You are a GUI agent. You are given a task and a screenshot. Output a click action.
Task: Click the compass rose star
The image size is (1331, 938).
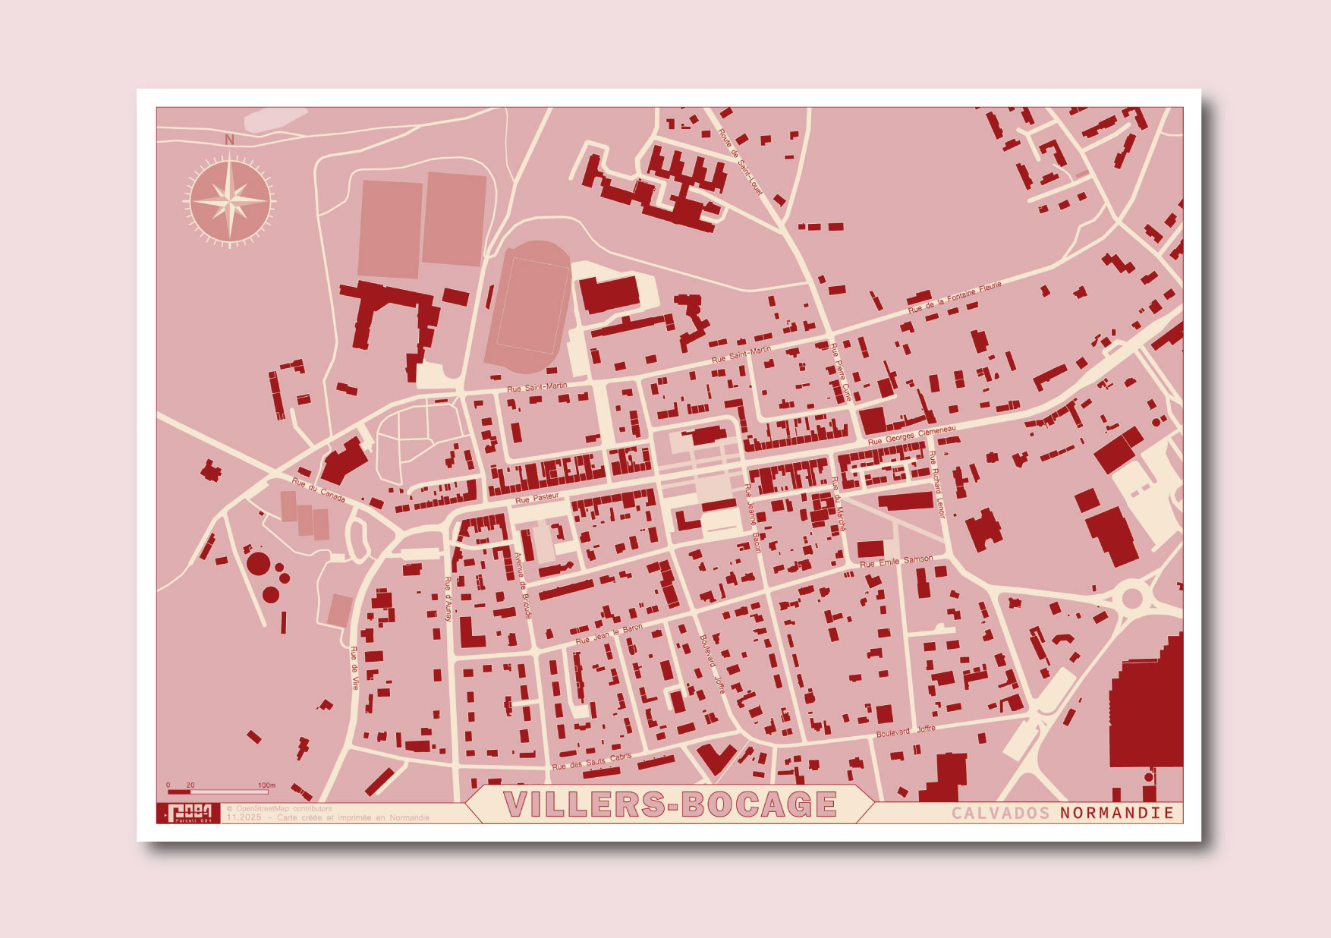coord(230,202)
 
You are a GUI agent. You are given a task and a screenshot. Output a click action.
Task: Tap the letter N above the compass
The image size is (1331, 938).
coord(230,140)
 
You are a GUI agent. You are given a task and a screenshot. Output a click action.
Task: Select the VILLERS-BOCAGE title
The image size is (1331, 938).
coord(670,804)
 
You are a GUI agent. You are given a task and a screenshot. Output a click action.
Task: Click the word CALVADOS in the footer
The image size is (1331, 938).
coord(1001,813)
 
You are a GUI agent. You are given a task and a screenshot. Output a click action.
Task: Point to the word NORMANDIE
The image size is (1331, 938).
coord(1117,813)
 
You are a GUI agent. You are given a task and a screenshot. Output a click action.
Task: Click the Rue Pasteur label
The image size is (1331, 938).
coord(537,499)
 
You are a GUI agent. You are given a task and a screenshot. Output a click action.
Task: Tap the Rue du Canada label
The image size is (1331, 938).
coord(319,489)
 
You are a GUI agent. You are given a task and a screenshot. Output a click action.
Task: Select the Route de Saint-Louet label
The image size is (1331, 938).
coord(740,162)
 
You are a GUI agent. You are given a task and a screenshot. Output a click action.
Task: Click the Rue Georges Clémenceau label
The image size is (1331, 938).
coord(911,436)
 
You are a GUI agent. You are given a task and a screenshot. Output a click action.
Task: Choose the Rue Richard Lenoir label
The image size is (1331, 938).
coord(937,484)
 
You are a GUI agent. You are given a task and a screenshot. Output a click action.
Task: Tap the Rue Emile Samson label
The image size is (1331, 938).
coord(896,562)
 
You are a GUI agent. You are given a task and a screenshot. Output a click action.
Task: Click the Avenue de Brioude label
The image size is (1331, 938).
coord(524,585)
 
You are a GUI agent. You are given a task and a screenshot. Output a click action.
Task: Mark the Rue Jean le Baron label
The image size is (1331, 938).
coord(609,634)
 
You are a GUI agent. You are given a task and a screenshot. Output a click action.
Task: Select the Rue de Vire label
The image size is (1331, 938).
coord(354,668)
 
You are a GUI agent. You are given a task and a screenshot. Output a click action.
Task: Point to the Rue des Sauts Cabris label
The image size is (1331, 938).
coord(591,762)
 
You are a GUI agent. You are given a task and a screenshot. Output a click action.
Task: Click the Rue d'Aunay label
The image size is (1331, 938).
coord(448,600)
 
